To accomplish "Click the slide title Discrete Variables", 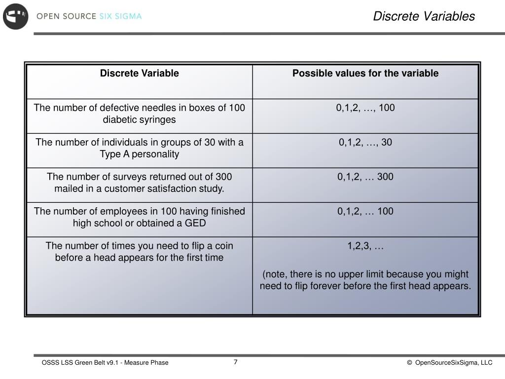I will tap(424, 16).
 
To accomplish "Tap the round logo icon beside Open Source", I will tap(16, 16).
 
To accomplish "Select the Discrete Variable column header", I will tap(139, 74).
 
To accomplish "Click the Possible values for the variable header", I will tap(365, 74).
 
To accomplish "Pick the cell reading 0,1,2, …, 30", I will tap(365, 143).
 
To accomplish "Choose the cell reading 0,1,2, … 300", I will tap(365, 177).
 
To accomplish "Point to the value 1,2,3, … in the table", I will tap(365, 246).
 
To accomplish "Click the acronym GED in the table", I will tap(195, 223).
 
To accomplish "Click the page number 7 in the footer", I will tap(236, 362).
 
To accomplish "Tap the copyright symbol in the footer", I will tap(409, 363).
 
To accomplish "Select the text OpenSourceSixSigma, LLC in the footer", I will tap(454, 363).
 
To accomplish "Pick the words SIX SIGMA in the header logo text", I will tap(120, 16).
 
